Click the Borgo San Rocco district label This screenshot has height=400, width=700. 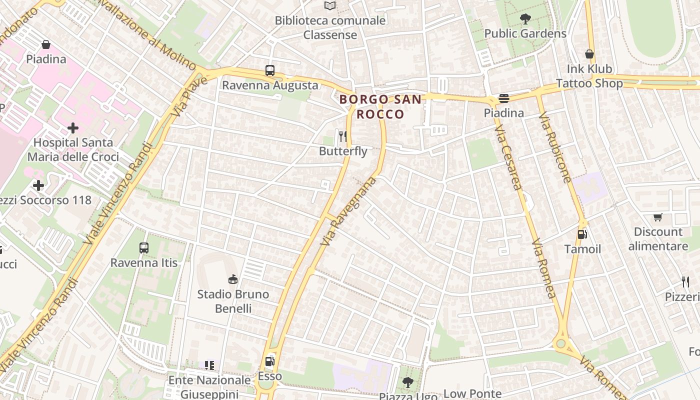coord(380,106)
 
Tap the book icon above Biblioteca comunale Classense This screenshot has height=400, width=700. coord(330,6)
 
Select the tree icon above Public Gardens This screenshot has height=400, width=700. coord(525,19)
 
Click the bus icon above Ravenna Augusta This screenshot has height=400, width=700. coord(270,70)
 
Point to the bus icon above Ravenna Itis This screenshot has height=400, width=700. coord(144,247)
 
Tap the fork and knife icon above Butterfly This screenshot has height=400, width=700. coord(343,136)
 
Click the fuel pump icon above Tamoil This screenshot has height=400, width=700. coord(582,234)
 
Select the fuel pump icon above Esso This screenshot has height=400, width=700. coord(269,361)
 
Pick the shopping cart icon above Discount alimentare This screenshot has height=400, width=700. coord(658,217)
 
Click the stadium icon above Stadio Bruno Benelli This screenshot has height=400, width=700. coord(232,279)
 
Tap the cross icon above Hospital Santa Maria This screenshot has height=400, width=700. coord(73,128)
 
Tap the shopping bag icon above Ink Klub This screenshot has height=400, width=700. coord(589,54)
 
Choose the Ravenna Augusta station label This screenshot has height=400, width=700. coord(270,85)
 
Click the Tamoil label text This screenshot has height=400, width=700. coord(582,248)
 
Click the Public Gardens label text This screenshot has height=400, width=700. coord(525,33)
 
